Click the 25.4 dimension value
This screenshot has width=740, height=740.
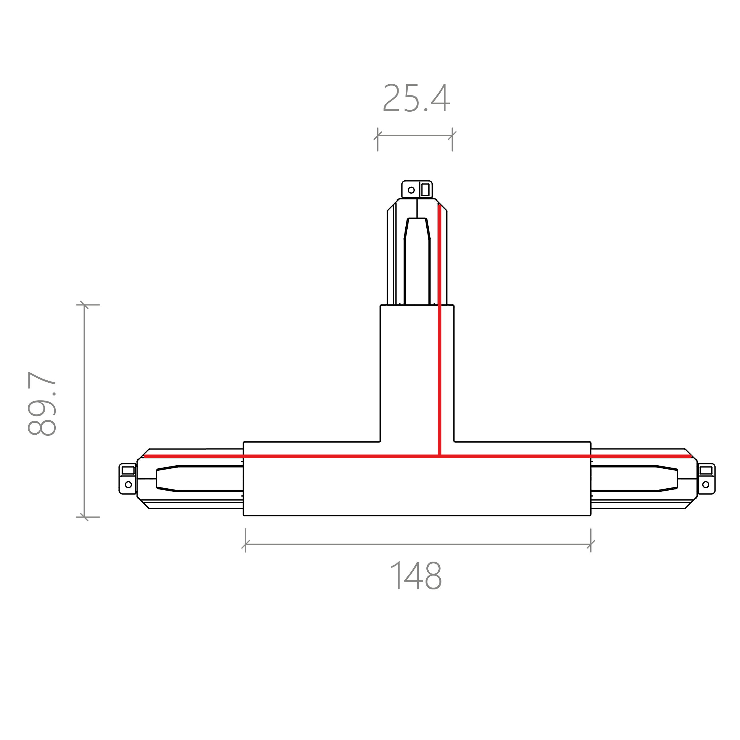coord(416,98)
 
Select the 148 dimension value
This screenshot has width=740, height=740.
coord(416,586)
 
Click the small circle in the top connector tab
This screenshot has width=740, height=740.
coord(411,190)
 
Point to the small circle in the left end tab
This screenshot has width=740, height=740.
coord(128,485)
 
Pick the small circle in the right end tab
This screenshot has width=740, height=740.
coord(706,485)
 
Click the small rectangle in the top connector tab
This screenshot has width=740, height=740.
coord(425,189)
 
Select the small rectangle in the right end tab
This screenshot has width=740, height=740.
coord(706,470)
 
